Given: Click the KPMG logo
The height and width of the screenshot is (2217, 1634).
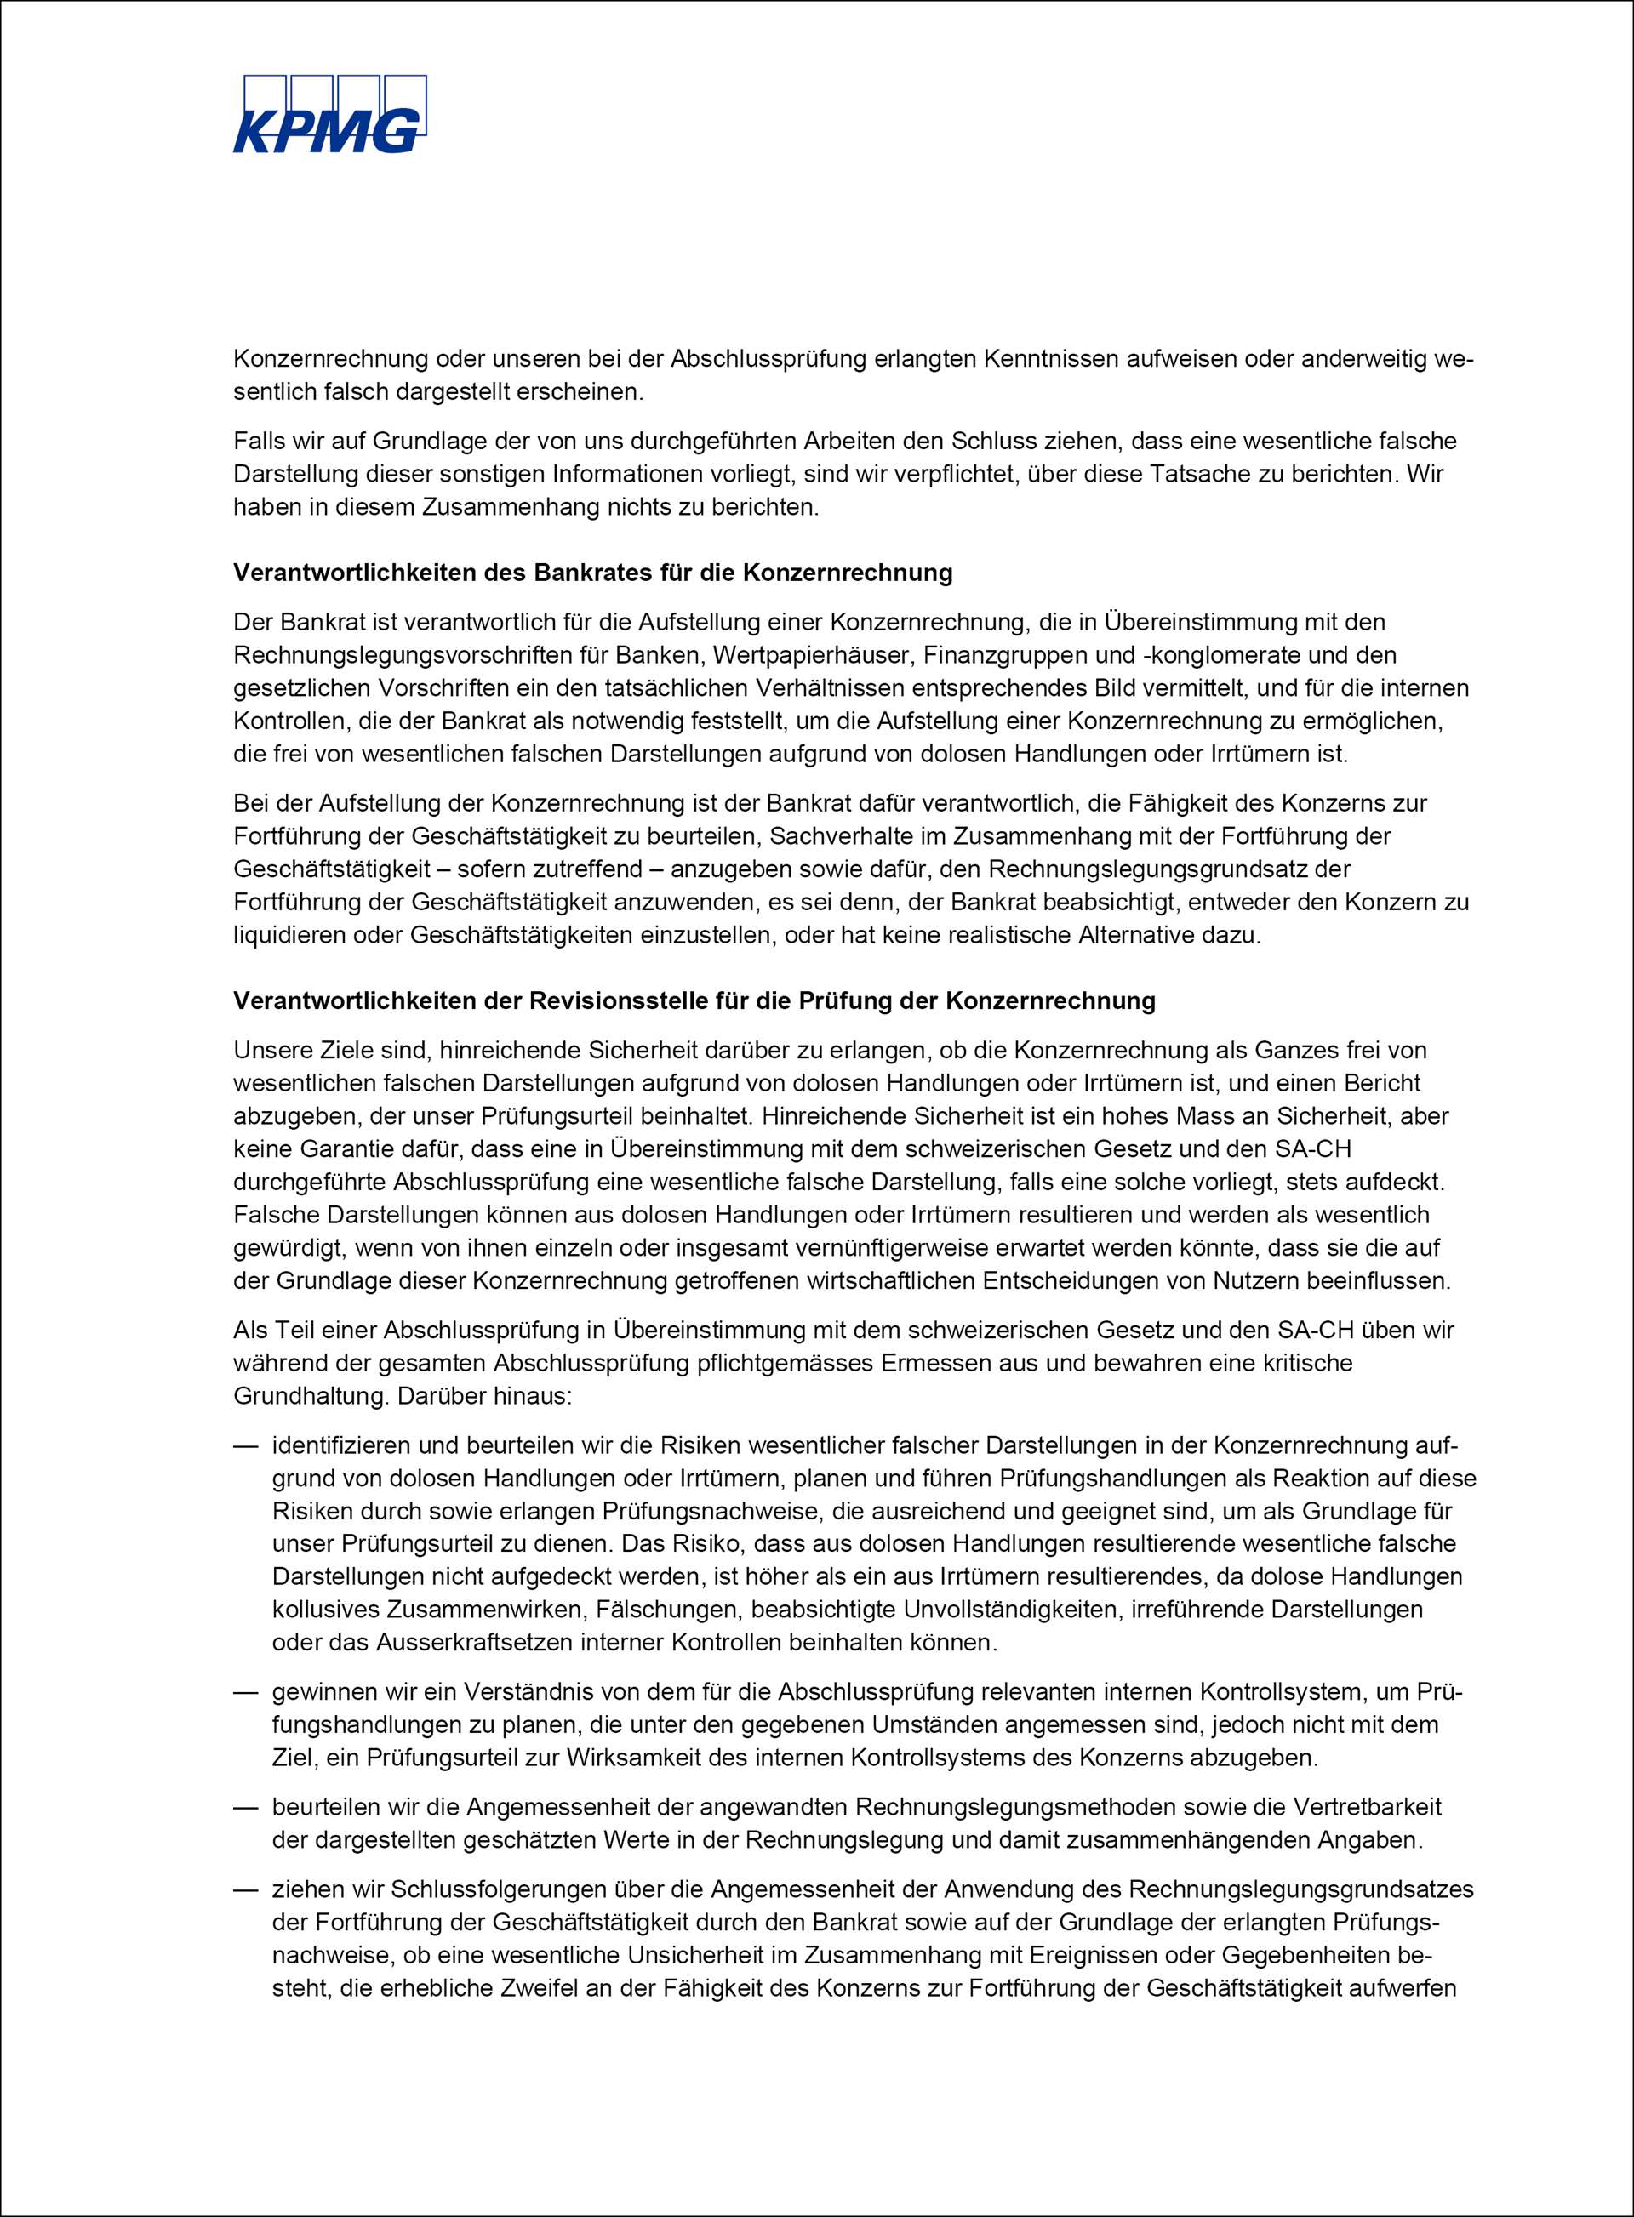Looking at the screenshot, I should tap(329, 115).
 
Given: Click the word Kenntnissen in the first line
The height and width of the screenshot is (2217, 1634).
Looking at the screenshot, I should tap(1048, 358).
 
